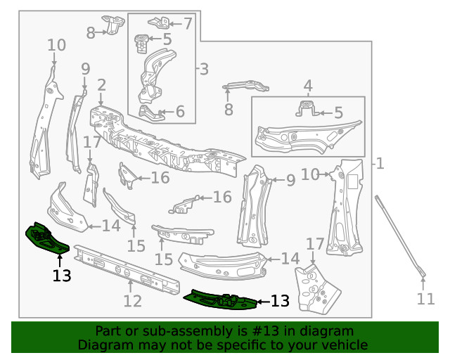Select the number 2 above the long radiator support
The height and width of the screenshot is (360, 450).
pyautogui.click(x=101, y=86)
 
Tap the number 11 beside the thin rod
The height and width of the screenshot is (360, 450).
pyautogui.click(x=425, y=299)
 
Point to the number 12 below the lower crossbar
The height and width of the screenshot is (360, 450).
pyautogui.click(x=132, y=302)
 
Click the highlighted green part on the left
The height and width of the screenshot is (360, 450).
pyautogui.click(x=45, y=238)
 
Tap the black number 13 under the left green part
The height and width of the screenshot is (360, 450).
pyautogui.click(x=62, y=276)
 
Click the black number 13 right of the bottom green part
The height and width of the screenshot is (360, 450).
pyautogui.click(x=280, y=301)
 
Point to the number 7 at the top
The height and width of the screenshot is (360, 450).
pyautogui.click(x=187, y=23)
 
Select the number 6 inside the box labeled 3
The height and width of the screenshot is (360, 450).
pyautogui.click(x=180, y=111)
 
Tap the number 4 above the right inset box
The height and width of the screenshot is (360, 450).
pyautogui.click(x=307, y=86)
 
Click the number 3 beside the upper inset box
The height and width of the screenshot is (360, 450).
pyautogui.click(x=203, y=69)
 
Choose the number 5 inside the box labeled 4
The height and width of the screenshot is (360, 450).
pyautogui.click(x=338, y=112)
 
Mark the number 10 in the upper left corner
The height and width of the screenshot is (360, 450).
pyautogui.click(x=57, y=46)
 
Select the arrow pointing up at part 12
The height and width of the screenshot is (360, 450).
pyautogui.click(x=131, y=285)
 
